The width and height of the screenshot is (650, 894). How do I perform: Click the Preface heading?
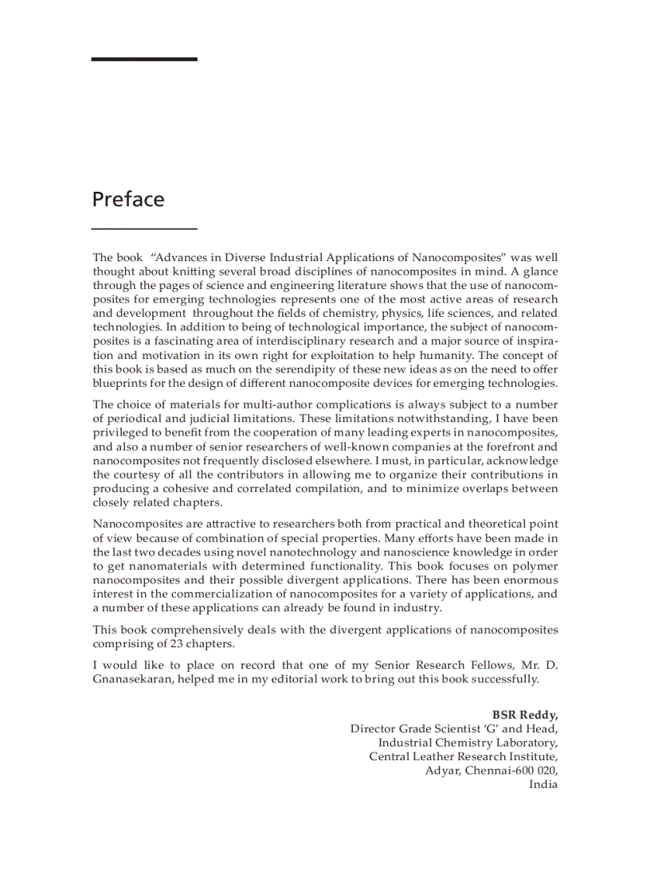click(128, 199)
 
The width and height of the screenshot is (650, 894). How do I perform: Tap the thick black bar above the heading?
click(144, 59)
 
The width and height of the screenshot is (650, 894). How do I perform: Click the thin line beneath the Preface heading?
click(144, 228)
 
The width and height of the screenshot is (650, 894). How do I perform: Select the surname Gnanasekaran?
click(132, 679)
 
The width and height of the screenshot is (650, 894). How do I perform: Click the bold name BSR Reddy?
click(524, 714)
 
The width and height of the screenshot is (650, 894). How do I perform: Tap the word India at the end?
click(543, 784)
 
